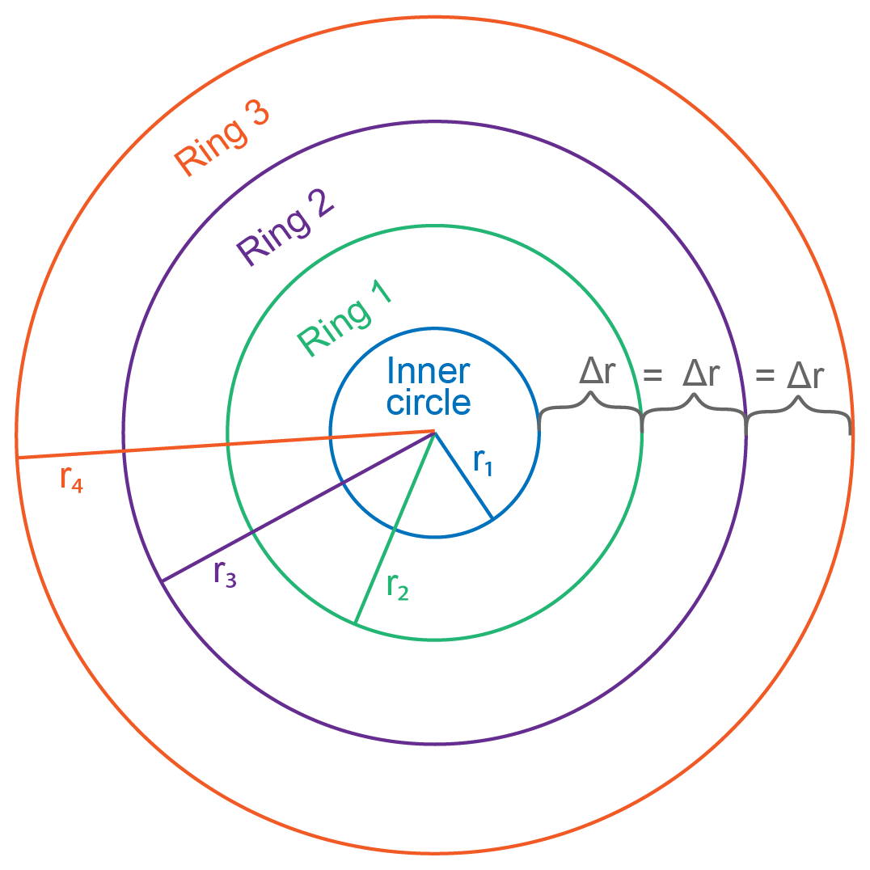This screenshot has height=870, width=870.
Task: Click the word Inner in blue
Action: pos(429,371)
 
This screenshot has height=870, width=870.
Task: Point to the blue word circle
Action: pos(429,401)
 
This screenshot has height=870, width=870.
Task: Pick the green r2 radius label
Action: pos(397,586)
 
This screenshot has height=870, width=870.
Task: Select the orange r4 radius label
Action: pos(71,479)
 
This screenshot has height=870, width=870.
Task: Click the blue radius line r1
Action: pos(463,475)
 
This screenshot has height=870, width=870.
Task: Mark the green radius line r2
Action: pos(395,527)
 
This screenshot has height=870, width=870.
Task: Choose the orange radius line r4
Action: pos(226,444)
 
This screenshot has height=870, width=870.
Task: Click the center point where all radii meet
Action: pos(435,432)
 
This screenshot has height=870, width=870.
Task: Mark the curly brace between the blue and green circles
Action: pos(591,408)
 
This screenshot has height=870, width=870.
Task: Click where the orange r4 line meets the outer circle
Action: pos(18,458)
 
